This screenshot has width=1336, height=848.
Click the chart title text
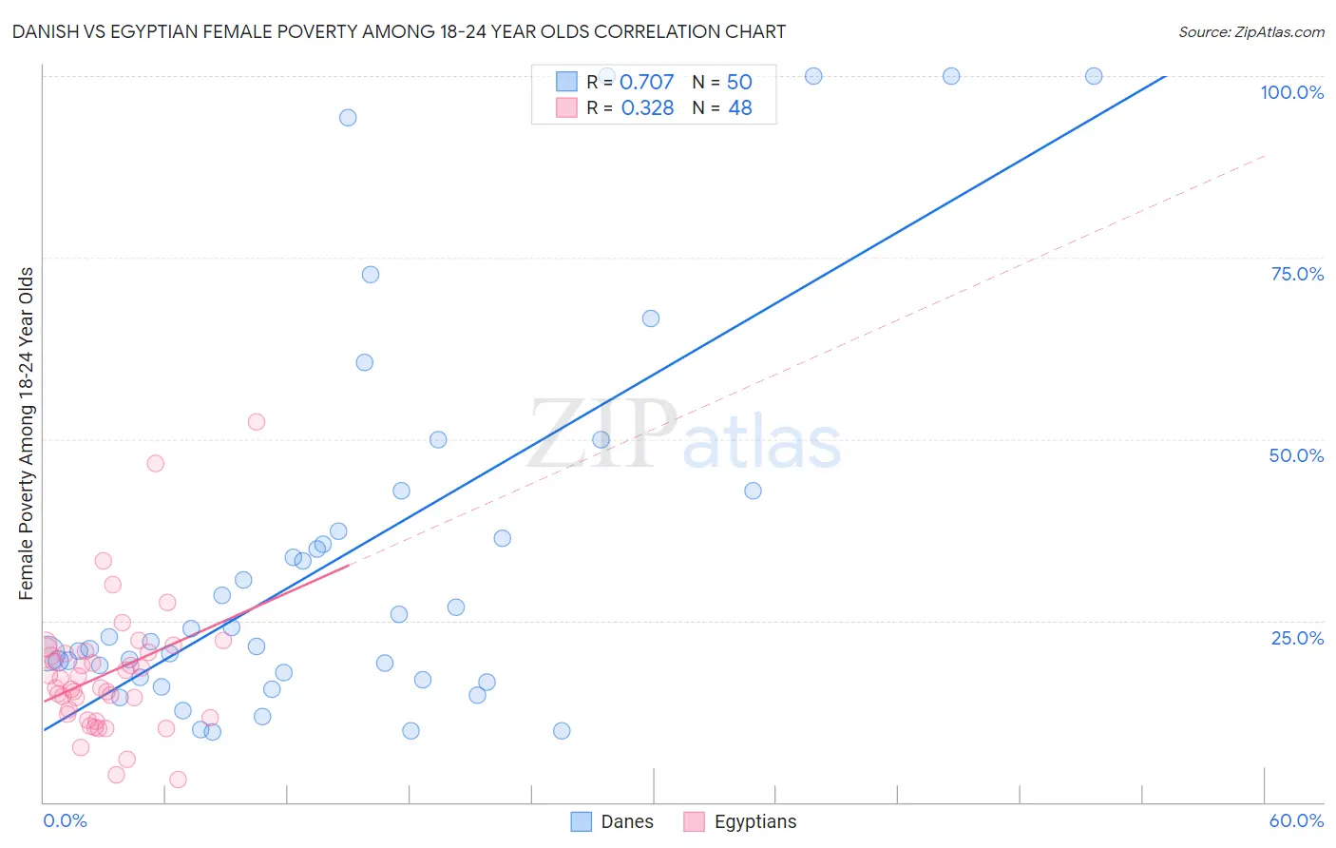click(398, 31)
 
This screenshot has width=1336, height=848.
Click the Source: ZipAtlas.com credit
click(1250, 31)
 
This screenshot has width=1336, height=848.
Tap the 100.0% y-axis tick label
click(1291, 92)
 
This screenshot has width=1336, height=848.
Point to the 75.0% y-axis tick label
click(1297, 274)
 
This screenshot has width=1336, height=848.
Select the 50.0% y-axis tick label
click(1296, 455)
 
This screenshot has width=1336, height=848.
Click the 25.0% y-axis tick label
click(1297, 638)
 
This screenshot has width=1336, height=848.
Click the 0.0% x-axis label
click(65, 820)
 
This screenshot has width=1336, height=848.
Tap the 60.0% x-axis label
click(1296, 820)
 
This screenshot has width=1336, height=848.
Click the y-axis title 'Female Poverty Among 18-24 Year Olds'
click(27, 434)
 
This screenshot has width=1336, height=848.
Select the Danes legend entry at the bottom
click(613, 821)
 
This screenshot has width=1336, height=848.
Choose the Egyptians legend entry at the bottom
click(741, 821)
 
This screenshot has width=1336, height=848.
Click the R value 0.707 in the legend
click(646, 83)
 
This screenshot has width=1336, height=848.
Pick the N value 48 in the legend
click(740, 108)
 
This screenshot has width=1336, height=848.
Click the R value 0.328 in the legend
click(647, 108)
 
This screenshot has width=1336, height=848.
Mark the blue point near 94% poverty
click(348, 118)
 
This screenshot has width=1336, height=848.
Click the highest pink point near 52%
click(256, 422)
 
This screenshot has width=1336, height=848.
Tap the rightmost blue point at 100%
click(1094, 76)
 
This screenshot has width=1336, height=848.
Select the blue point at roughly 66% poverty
click(651, 318)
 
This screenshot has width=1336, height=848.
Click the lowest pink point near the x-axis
click(178, 780)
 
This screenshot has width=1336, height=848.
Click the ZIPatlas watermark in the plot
click(684, 435)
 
